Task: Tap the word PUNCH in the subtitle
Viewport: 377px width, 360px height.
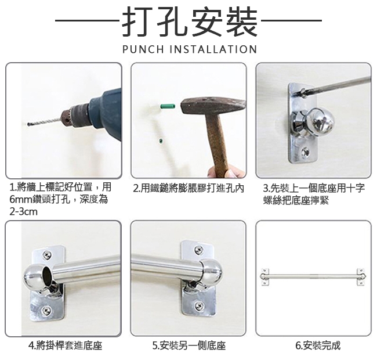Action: tap(143, 49)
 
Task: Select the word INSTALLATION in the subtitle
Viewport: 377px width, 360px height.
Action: tap(213, 49)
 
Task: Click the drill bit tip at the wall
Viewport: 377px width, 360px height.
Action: tap(28, 124)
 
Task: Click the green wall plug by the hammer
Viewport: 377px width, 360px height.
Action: tap(168, 106)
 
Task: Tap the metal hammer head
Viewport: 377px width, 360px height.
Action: tap(213, 106)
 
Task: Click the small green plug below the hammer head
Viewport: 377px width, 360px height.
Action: tap(160, 141)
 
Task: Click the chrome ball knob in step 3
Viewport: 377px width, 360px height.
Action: tap(320, 121)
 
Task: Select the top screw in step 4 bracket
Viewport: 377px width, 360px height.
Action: tap(46, 254)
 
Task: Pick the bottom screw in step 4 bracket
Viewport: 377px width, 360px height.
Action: tap(46, 311)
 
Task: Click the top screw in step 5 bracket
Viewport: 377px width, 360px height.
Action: tap(198, 249)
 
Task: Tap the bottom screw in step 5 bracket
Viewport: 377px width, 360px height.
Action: tap(198, 305)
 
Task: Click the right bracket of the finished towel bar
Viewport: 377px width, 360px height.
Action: tap(361, 277)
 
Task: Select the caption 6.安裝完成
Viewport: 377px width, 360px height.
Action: tap(318, 345)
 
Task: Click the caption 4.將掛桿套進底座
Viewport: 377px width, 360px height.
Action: tap(65, 345)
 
